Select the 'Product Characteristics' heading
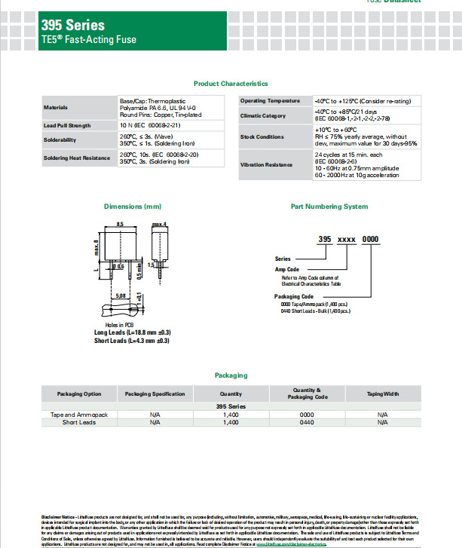[231, 84]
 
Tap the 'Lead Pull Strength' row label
[67, 125]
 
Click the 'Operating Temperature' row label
[271, 101]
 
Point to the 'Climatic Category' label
[263, 115]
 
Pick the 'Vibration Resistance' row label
[266, 164]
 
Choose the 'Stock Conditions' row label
[262, 137]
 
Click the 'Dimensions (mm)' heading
[133, 207]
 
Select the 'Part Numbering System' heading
[329, 207]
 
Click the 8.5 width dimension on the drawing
[120, 225]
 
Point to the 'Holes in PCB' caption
[119, 323]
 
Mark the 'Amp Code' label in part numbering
[286, 269]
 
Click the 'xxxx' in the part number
[346, 238]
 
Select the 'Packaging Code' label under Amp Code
[292, 296]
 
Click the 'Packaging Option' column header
[79, 393]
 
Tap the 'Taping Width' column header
[382, 393]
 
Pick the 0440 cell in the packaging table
[306, 423]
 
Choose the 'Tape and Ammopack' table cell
[79, 415]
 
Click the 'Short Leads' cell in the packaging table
[79, 423]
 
